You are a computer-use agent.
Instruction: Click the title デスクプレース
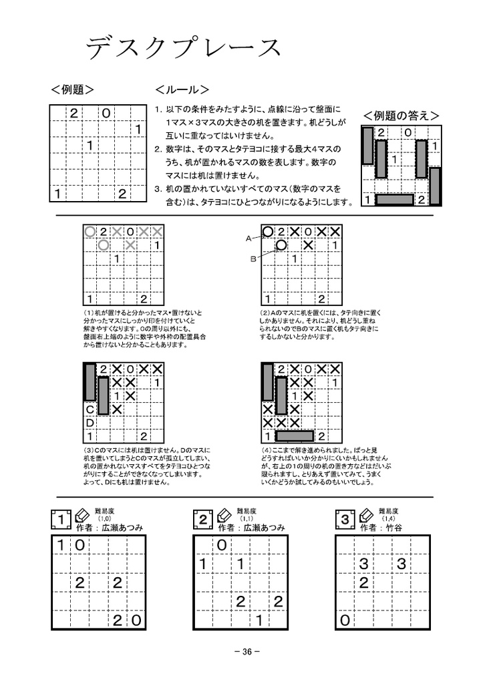click(x=182, y=48)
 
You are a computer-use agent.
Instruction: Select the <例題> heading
click(x=71, y=90)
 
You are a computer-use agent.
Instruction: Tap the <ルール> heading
click(x=182, y=90)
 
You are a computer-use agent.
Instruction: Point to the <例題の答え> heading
click(x=401, y=116)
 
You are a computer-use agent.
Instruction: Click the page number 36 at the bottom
click(x=246, y=652)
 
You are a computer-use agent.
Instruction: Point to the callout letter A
click(x=248, y=238)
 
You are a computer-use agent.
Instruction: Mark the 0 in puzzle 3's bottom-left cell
click(x=345, y=621)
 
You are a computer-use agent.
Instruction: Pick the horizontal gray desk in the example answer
click(x=394, y=199)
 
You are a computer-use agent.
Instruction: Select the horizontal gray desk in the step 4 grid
click(x=294, y=436)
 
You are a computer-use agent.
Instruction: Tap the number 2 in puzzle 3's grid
click(x=363, y=583)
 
